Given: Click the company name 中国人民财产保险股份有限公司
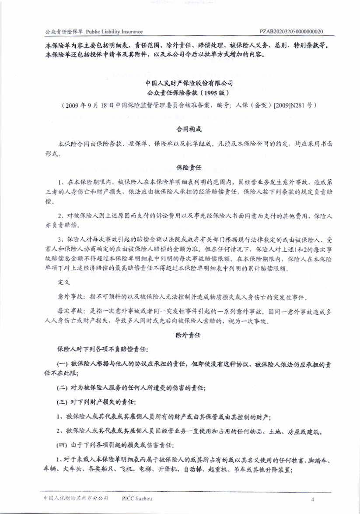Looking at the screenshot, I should (x=189, y=82).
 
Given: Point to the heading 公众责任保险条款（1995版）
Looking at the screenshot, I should (x=189, y=93).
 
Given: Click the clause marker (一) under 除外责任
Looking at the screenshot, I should (x=63, y=364).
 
